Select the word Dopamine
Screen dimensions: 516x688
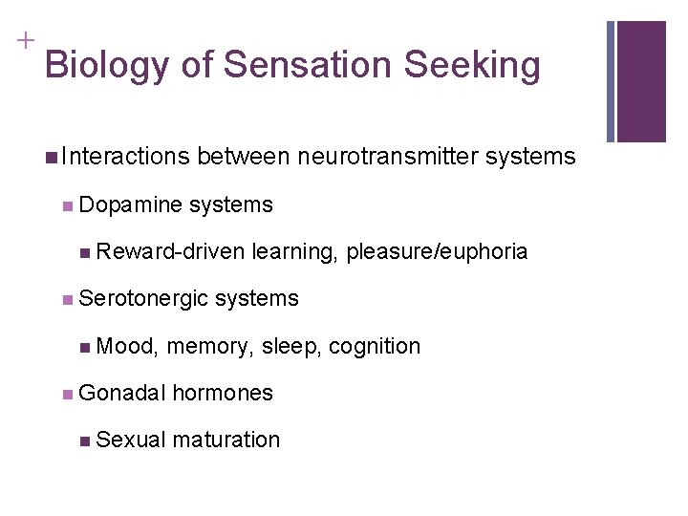click(131, 204)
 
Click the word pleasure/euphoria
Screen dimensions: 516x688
click(437, 251)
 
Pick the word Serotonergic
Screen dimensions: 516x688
click(144, 298)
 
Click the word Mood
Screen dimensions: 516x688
click(128, 346)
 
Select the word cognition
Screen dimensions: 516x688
click(375, 346)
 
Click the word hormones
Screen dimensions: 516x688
click(223, 393)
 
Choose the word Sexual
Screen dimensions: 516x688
click(132, 440)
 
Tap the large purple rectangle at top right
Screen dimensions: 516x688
click(641, 81)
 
